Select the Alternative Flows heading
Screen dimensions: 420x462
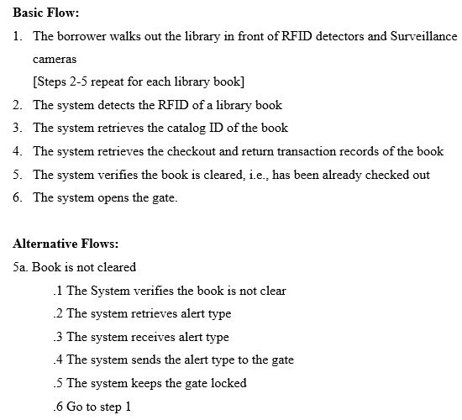tap(66, 244)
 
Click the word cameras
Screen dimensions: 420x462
tap(55, 60)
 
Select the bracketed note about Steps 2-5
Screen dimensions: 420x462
tap(139, 82)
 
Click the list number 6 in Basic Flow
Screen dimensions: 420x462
tap(18, 197)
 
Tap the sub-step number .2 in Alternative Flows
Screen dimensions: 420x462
tap(57, 313)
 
